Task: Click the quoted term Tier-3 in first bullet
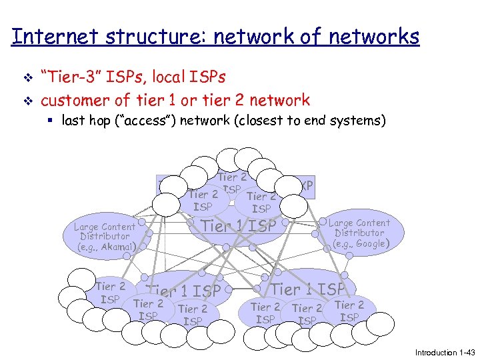(x=74, y=77)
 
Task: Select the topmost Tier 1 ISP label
(x=239, y=226)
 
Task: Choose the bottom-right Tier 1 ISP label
(x=308, y=289)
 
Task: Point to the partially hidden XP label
(x=307, y=185)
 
